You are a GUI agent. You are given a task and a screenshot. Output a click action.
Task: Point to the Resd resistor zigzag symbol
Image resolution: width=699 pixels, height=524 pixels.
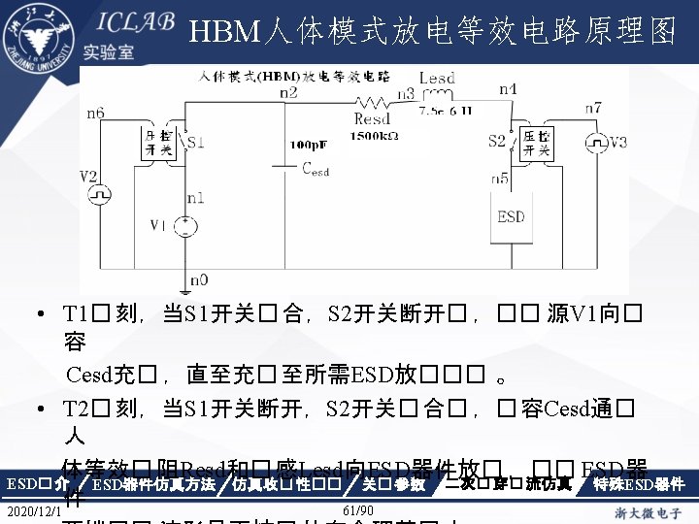372,103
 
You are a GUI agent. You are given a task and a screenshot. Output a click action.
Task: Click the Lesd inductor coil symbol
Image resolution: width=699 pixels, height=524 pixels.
438,95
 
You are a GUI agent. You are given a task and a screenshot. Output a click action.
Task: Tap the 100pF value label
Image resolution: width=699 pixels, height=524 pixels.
310,144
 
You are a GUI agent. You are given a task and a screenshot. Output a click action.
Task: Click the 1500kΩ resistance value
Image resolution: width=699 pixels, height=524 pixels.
375,136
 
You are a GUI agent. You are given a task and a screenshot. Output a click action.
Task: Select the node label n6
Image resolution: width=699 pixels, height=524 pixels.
95,113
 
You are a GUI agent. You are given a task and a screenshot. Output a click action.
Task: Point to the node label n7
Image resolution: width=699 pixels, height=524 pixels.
593,107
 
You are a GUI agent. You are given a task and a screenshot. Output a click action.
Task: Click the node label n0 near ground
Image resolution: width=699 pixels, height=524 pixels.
198,279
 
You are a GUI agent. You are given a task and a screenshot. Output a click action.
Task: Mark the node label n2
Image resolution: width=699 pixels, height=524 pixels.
288,93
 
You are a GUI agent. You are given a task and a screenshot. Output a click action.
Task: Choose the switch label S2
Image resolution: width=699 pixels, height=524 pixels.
496,142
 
